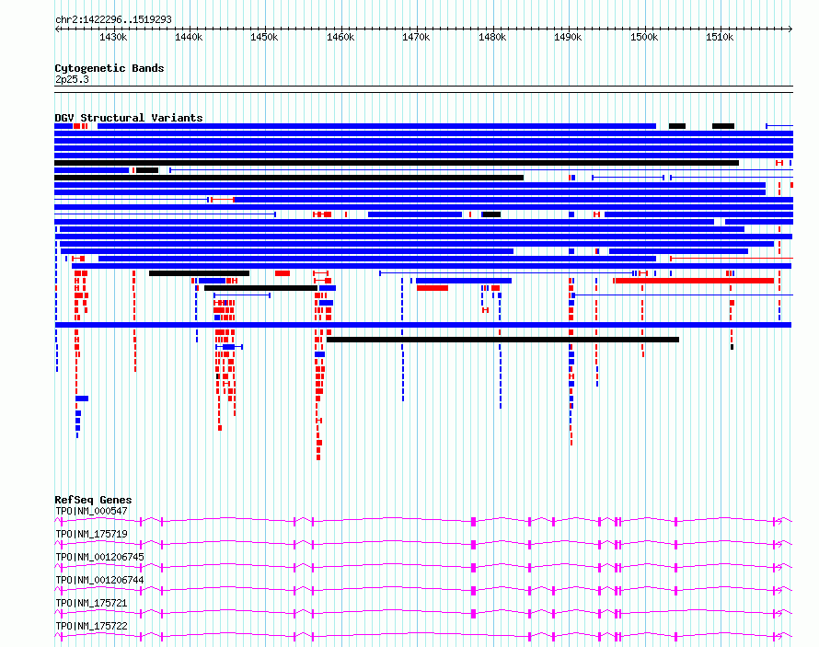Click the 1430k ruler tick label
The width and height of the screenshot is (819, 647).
pos(113,37)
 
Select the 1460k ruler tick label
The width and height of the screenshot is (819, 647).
pos(340,37)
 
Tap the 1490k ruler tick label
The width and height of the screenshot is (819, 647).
pos(568,37)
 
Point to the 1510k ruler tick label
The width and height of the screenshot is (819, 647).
pos(720,37)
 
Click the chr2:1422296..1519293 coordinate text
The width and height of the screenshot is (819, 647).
pos(113,19)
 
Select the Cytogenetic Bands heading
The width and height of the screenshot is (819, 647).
pos(110,68)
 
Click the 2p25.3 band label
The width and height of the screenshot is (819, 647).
pos(72,79)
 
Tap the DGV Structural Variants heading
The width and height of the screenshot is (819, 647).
pos(129,118)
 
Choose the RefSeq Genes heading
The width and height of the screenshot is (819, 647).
pos(93,500)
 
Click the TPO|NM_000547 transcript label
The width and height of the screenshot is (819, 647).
pos(91,511)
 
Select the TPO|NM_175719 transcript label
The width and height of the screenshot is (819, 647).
pos(91,534)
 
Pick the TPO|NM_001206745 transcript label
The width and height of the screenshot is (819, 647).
pos(99,557)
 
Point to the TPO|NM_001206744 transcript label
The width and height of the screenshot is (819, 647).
pos(99,580)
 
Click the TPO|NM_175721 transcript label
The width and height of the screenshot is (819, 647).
pos(91,603)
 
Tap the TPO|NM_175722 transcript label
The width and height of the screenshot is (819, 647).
pos(91,626)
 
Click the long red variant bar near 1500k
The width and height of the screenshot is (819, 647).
pos(695,281)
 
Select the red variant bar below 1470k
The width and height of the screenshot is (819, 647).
pos(433,288)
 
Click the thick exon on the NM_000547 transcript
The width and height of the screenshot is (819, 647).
pos(474,521)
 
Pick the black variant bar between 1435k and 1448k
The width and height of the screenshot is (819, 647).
pos(199,273)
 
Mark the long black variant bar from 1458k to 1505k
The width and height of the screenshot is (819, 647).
pos(503,340)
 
